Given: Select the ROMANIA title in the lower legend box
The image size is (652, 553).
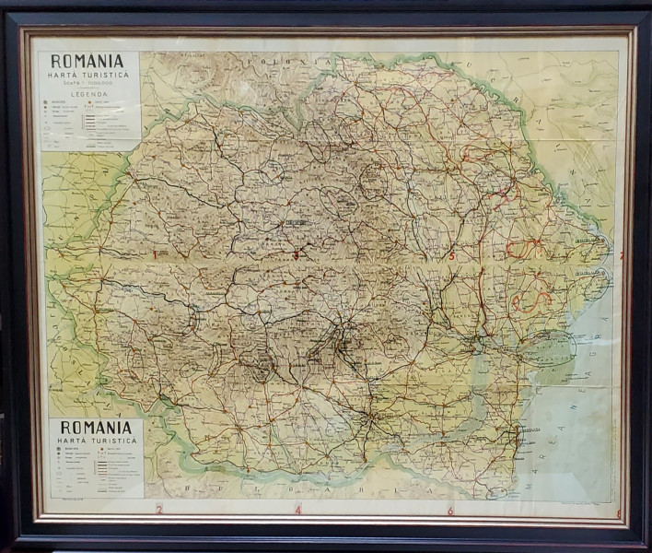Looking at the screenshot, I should (x=96, y=428).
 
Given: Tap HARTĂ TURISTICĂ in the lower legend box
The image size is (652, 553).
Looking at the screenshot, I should (x=96, y=442).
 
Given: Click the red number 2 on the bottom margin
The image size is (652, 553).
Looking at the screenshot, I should (x=158, y=509).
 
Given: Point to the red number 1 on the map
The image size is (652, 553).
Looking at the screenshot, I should (x=155, y=253).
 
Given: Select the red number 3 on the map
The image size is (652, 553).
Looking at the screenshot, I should (x=296, y=254).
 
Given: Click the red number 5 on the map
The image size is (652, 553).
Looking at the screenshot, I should (x=451, y=254).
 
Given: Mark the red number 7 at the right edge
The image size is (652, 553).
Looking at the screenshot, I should (x=621, y=255).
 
